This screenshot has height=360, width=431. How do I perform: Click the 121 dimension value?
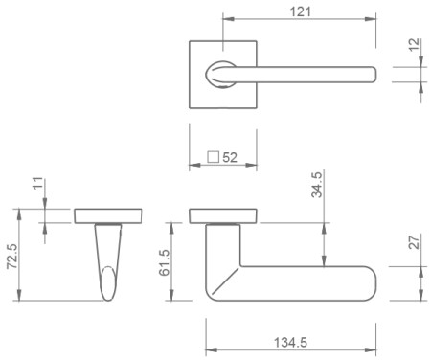[300, 11]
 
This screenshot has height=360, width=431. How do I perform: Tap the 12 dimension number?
[414, 45]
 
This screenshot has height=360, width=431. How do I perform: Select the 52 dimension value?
[230, 157]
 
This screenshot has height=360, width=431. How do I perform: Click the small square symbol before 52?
[213, 157]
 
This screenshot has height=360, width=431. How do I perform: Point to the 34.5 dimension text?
[317, 185]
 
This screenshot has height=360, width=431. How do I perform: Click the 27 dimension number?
[414, 242]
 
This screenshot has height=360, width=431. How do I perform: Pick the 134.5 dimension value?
[290, 343]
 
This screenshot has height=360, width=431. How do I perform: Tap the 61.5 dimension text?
[165, 262]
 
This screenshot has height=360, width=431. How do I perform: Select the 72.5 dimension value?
[12, 257]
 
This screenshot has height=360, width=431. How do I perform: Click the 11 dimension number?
[37, 183]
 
